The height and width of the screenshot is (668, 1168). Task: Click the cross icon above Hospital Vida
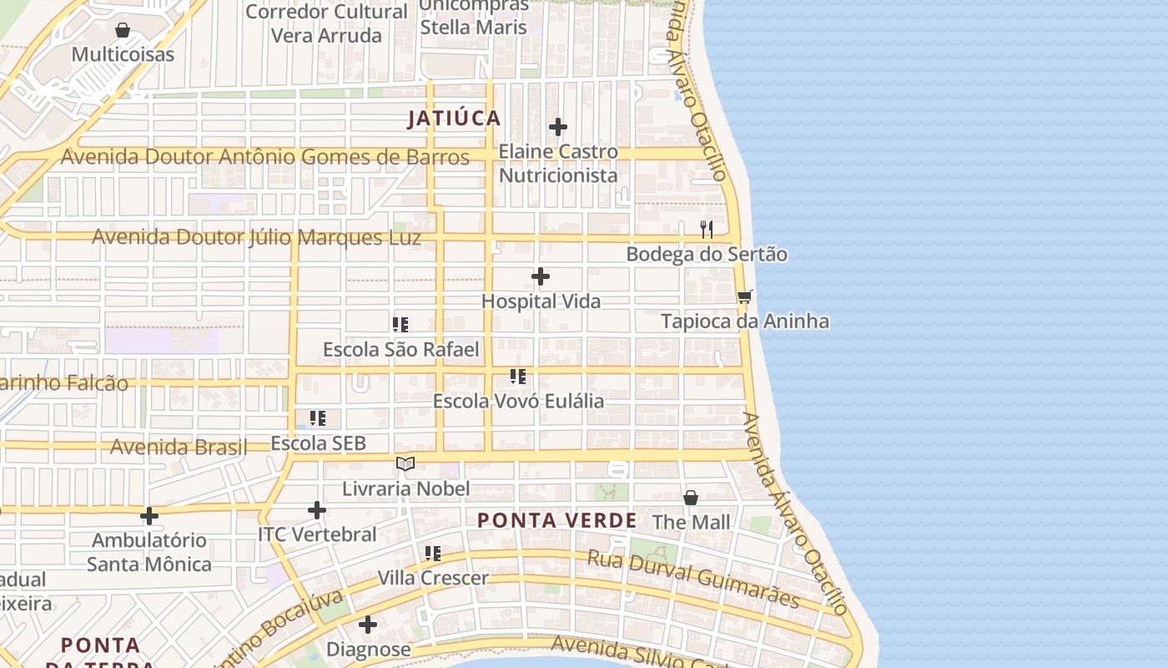click(541, 276)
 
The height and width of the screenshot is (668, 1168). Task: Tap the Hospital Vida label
click(541, 301)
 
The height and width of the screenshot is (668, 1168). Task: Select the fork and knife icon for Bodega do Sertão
click(707, 230)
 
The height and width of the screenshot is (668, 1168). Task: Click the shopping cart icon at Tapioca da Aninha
click(745, 297)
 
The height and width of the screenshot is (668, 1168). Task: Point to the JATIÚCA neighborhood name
click(454, 119)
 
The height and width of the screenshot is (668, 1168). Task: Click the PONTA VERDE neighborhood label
click(556, 521)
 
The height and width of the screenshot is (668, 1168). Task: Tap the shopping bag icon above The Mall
click(691, 498)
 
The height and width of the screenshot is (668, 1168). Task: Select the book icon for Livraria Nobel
click(405, 463)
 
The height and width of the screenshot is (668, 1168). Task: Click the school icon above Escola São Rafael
click(400, 325)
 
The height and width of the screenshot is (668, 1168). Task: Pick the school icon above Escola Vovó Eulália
click(518, 377)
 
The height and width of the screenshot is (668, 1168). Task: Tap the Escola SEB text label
click(319, 443)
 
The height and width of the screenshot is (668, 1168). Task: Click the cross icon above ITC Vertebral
click(317, 509)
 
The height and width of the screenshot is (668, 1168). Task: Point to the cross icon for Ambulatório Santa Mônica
click(149, 516)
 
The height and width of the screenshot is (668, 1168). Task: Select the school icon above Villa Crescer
click(433, 553)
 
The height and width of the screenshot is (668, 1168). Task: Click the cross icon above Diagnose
click(368, 625)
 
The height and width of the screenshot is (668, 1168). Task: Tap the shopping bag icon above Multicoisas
click(123, 31)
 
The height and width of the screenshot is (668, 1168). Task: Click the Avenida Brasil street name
click(179, 447)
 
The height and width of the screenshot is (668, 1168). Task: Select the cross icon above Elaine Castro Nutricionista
click(558, 127)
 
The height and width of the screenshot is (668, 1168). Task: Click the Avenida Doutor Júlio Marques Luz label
click(256, 237)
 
